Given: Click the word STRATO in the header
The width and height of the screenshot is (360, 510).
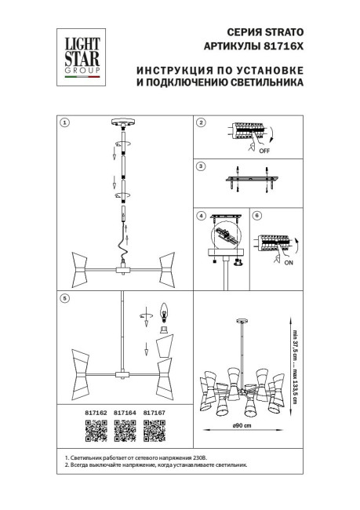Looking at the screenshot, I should pyautogui.click(x=283, y=32).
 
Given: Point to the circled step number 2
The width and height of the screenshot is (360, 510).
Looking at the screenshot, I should pyautogui.click(x=201, y=122).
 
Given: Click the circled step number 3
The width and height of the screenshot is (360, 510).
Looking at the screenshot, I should pyautogui.click(x=201, y=166).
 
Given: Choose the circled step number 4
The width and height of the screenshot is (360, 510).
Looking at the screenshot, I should pyautogui.click(x=201, y=216).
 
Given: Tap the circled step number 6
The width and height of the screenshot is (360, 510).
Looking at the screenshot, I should pyautogui.click(x=256, y=216).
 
